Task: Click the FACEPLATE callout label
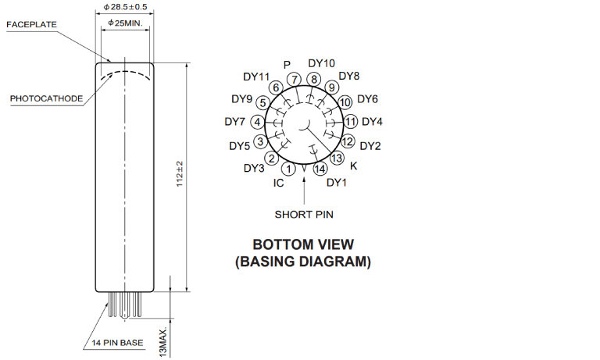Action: (32, 24)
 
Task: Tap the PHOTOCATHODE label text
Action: (46, 98)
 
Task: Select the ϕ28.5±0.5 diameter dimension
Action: (125, 7)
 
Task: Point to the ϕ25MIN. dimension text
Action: (125, 23)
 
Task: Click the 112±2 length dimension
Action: (180, 174)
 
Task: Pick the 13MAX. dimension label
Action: (163, 342)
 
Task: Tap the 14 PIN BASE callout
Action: (117, 343)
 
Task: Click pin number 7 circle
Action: (295, 80)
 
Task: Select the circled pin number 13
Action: (337, 158)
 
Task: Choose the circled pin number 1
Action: (288, 169)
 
